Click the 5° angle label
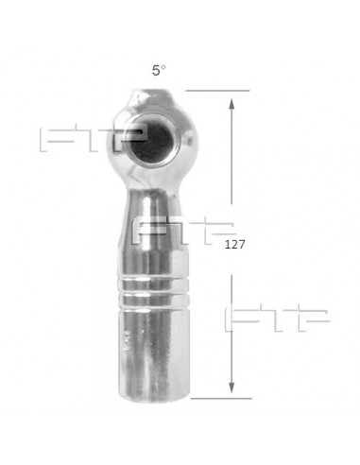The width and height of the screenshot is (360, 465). (x=159, y=70)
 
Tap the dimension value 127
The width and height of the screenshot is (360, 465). (x=234, y=245)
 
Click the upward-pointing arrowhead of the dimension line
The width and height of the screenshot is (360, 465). (x=231, y=104)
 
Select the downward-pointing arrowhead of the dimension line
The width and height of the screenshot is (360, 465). (x=231, y=387)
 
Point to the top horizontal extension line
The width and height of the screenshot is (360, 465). (x=217, y=91)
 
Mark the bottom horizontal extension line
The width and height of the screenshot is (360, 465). (x=221, y=399)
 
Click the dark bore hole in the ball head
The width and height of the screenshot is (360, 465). (x=152, y=141)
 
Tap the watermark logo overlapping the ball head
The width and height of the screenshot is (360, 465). (x=94, y=140)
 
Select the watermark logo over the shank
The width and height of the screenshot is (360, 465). (x=184, y=232)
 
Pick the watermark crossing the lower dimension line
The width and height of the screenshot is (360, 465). (x=277, y=318)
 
